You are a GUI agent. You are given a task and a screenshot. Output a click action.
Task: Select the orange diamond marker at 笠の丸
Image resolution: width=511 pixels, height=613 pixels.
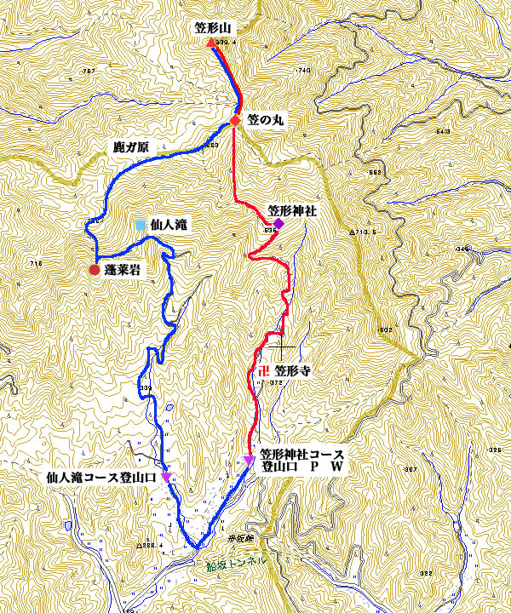pyautogui.click(x=236, y=120)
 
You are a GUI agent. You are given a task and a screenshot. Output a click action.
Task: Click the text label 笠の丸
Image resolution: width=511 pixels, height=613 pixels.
pyautogui.click(x=266, y=121)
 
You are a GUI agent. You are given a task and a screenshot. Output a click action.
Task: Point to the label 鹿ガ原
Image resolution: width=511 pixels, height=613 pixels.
pyautogui.click(x=131, y=146)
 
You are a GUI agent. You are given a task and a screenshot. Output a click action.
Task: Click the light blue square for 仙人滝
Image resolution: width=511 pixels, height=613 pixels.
pyautogui.click(x=141, y=225)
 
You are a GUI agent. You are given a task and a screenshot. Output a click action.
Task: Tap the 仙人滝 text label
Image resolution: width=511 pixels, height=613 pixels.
pyautogui.click(x=169, y=225)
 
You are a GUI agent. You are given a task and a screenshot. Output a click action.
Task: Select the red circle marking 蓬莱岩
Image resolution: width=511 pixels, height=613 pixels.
pyautogui.click(x=94, y=270)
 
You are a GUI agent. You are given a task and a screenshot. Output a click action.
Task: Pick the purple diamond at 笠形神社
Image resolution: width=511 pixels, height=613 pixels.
pyautogui.click(x=278, y=223)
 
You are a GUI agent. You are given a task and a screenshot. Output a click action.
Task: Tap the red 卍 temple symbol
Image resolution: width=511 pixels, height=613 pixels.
pyautogui.click(x=262, y=370)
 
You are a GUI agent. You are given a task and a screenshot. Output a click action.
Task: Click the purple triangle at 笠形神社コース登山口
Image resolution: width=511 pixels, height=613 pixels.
pyautogui.click(x=249, y=461)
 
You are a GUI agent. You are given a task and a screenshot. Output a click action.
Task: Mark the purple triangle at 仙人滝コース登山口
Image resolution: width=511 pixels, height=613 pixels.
pyautogui.click(x=165, y=477)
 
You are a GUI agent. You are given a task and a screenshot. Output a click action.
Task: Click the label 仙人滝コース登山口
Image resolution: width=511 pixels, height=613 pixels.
pyautogui.click(x=101, y=478)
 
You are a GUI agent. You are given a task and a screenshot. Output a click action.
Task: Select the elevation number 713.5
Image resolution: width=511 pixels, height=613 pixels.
pyautogui.click(x=365, y=232)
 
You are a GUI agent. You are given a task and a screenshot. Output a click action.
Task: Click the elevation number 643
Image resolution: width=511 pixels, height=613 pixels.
pyautogui.click(x=442, y=132)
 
